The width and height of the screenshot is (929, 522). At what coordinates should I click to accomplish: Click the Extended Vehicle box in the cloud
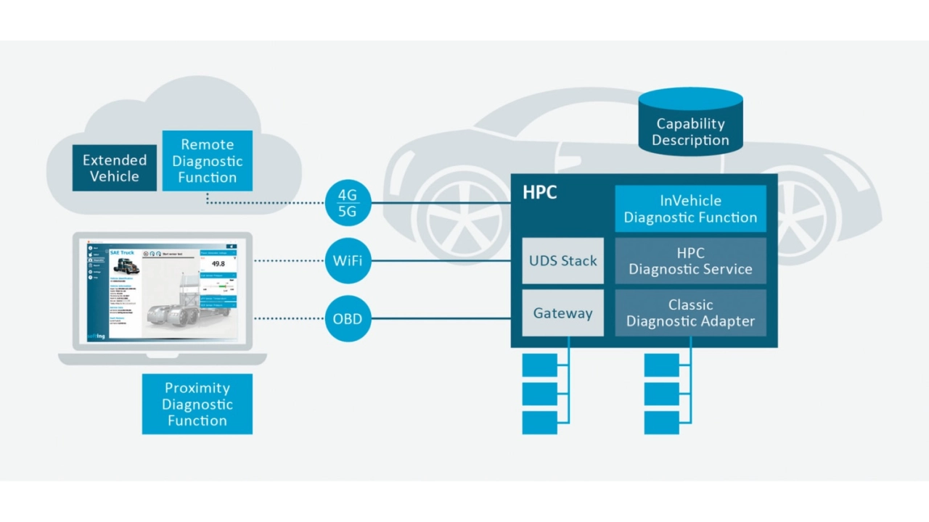click(114, 167)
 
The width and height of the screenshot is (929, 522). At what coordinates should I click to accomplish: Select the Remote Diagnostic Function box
click(207, 161)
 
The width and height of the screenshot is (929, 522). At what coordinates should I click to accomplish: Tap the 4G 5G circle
click(348, 203)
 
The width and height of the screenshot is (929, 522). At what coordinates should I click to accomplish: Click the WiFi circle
click(348, 260)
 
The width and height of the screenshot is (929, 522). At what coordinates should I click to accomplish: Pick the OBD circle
click(348, 318)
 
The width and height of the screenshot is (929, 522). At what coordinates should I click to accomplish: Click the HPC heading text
click(540, 194)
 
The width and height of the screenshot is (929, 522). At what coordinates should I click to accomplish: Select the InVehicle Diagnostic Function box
click(690, 209)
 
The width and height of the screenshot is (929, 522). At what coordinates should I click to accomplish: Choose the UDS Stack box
click(562, 260)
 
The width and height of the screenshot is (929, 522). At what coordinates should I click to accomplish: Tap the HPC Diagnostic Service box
click(690, 261)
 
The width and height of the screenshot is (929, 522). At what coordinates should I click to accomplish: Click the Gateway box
click(562, 313)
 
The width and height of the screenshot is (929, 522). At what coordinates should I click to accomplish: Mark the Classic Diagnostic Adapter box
click(690, 313)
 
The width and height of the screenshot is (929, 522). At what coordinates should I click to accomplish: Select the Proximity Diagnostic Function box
click(197, 404)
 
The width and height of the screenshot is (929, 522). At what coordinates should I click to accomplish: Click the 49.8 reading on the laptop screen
click(217, 264)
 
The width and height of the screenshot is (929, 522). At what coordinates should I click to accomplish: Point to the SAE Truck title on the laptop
click(123, 252)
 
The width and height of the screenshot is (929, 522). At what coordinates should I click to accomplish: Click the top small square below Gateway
click(539, 365)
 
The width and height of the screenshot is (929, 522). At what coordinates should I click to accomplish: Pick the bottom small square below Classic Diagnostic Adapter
click(661, 423)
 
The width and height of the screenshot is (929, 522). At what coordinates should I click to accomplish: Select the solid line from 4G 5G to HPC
click(441, 203)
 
